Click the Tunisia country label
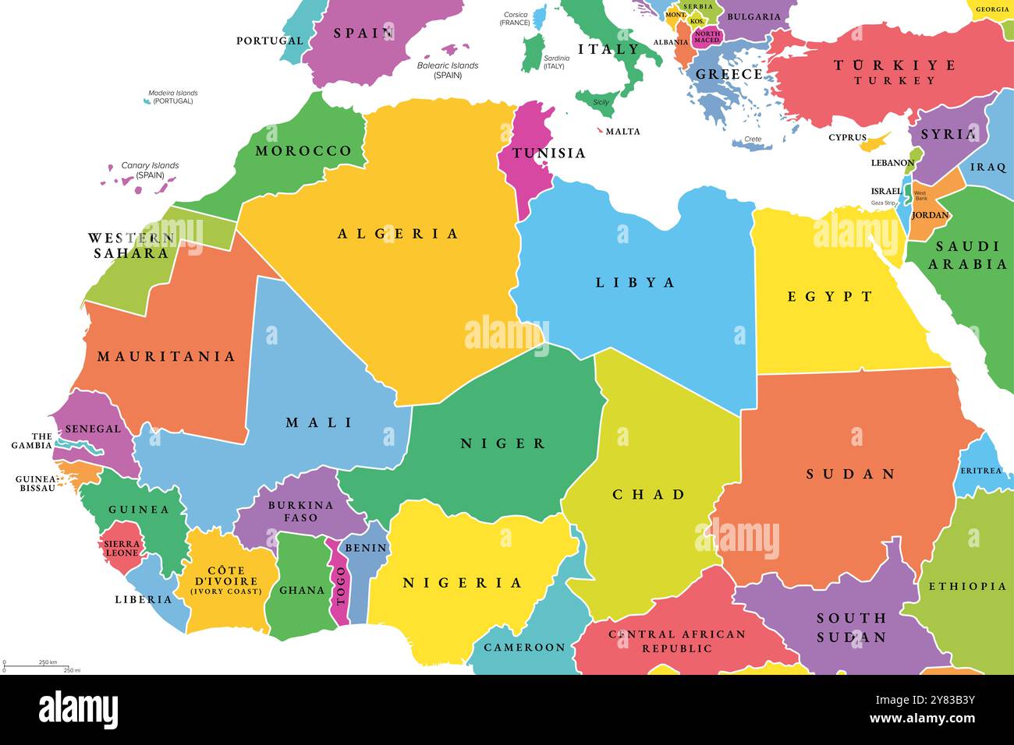click(548, 153)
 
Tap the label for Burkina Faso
click(300, 511)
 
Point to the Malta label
click(622, 131)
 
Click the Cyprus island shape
click(875, 141)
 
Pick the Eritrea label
click(980, 471)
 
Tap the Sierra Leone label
click(122, 549)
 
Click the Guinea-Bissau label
click(36, 484)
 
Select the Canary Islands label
click(150, 170)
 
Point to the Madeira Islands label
click(172, 97)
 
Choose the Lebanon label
click(892, 163)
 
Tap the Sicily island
click(597, 99)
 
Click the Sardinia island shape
click(533, 53)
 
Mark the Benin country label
click(365, 548)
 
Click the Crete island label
click(752, 139)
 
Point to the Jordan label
click(930, 215)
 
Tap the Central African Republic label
click(677, 641)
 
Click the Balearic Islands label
click(448, 70)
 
